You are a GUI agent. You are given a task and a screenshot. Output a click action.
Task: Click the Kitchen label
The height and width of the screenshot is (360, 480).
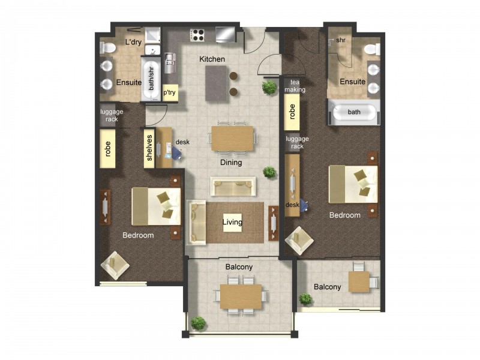point(212,59)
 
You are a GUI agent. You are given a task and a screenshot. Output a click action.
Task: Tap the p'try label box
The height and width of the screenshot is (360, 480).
point(170,94)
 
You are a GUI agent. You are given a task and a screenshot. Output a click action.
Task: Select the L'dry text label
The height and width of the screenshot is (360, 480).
point(133,43)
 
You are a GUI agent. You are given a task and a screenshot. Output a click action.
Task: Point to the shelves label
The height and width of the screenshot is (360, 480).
point(149,148)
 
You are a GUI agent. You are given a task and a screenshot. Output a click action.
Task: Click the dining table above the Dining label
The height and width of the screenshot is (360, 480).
point(232,138)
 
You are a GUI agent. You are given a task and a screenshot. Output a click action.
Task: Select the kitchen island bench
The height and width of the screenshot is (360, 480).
point(216,83)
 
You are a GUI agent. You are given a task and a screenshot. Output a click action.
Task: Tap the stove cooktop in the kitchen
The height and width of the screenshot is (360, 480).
point(197,35)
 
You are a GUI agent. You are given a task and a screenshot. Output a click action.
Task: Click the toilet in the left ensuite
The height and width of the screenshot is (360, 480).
point(106,47)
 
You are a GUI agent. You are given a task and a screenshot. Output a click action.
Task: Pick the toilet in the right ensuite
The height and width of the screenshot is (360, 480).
point(371,49)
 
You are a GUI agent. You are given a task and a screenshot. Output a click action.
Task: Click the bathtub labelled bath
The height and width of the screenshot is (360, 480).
point(354,112)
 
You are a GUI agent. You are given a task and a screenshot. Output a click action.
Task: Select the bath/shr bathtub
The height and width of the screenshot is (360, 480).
point(151,80)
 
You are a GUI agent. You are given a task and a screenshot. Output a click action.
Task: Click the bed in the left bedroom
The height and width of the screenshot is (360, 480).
point(157,206)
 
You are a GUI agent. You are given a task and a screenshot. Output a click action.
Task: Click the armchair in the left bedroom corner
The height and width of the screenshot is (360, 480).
point(115,265)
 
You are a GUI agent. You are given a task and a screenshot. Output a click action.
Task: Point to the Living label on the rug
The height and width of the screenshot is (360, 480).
point(232,222)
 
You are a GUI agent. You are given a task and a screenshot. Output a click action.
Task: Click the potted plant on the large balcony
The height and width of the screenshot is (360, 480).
point(198,323)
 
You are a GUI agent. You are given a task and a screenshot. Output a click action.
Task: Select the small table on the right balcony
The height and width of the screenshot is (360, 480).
point(359,281)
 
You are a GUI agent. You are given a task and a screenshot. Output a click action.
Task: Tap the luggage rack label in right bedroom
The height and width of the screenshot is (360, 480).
point(298,142)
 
